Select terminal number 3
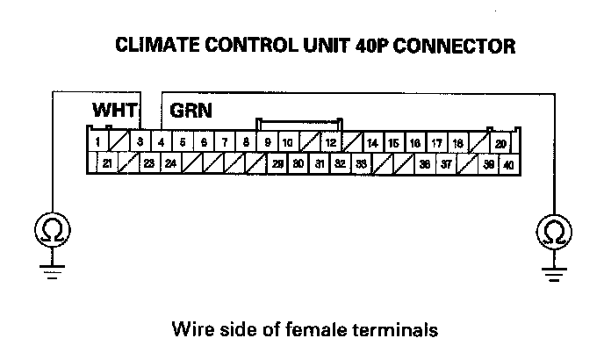coord(140,141)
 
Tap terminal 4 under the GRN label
coord(161,141)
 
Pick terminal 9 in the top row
coord(267,141)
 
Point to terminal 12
coord(330,141)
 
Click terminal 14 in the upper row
coord(372,142)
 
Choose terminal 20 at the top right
coord(500,142)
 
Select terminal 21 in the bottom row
coord(106,163)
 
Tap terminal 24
coord(170,163)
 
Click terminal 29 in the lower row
coord(277,163)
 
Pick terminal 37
coord(447,163)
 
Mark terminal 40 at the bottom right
coord(509,164)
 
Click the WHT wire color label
coord(112,112)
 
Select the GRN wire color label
coord(191,112)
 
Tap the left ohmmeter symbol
coord(52,231)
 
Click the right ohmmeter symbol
coord(553,231)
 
